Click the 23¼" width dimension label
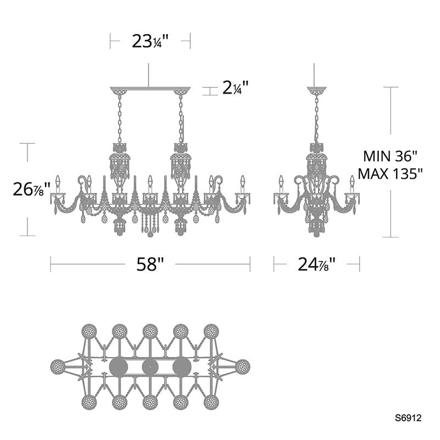click(150, 41)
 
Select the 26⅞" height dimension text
click(32, 189)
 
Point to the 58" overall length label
click(150, 265)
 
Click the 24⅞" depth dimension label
click(317, 265)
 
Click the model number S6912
click(408, 418)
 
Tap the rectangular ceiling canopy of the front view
click(150, 90)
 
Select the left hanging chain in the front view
click(119, 118)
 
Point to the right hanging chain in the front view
click(180, 118)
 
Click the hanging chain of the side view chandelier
click(316, 118)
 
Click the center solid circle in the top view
click(150, 367)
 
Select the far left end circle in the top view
click(58, 367)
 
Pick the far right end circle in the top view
click(242, 367)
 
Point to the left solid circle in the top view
click(118, 367)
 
